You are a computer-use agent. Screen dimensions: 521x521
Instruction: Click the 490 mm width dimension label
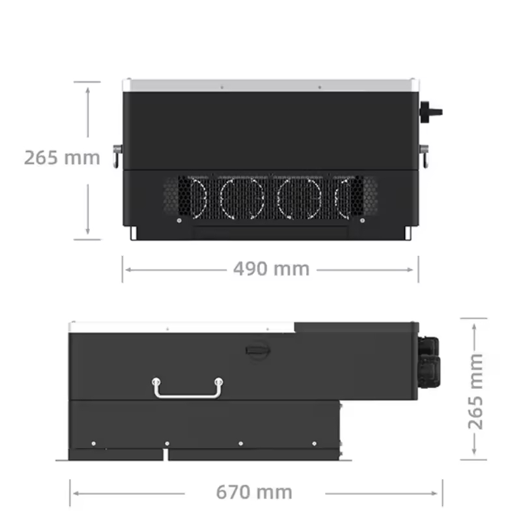pyautogui.click(x=271, y=268)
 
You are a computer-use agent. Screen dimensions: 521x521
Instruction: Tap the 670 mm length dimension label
pyautogui.click(x=253, y=492)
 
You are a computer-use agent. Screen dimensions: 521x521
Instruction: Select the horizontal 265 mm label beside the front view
pyautogui.click(x=62, y=158)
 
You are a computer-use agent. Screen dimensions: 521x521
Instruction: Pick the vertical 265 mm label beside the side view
pyautogui.click(x=476, y=391)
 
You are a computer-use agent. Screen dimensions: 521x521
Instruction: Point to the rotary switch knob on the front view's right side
pyautogui.click(x=431, y=111)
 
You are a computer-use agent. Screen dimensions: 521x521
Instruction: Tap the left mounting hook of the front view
pyautogui.click(x=117, y=154)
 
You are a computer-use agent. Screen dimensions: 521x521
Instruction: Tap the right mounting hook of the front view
pyautogui.click(x=424, y=154)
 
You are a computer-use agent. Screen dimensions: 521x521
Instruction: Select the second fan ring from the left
pyautogui.click(x=242, y=197)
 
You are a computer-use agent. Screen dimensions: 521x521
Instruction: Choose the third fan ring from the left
pyautogui.click(x=299, y=197)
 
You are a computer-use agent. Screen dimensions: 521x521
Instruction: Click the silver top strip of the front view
pyautogui.click(x=270, y=85)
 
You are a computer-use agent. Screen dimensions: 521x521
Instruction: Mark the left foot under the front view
pyautogui.click(x=132, y=233)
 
